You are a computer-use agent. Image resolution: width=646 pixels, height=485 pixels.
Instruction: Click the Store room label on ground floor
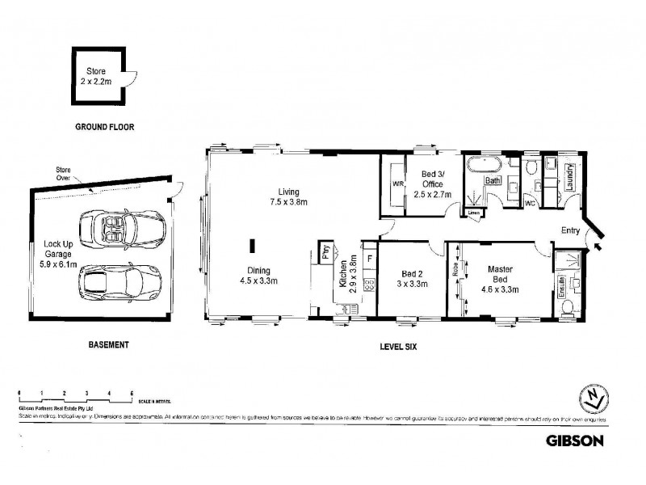pos(96,76)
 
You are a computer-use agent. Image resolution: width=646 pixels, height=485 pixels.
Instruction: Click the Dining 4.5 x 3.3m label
pos(260,276)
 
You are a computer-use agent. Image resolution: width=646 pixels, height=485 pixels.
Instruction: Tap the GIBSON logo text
pos(573,441)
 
